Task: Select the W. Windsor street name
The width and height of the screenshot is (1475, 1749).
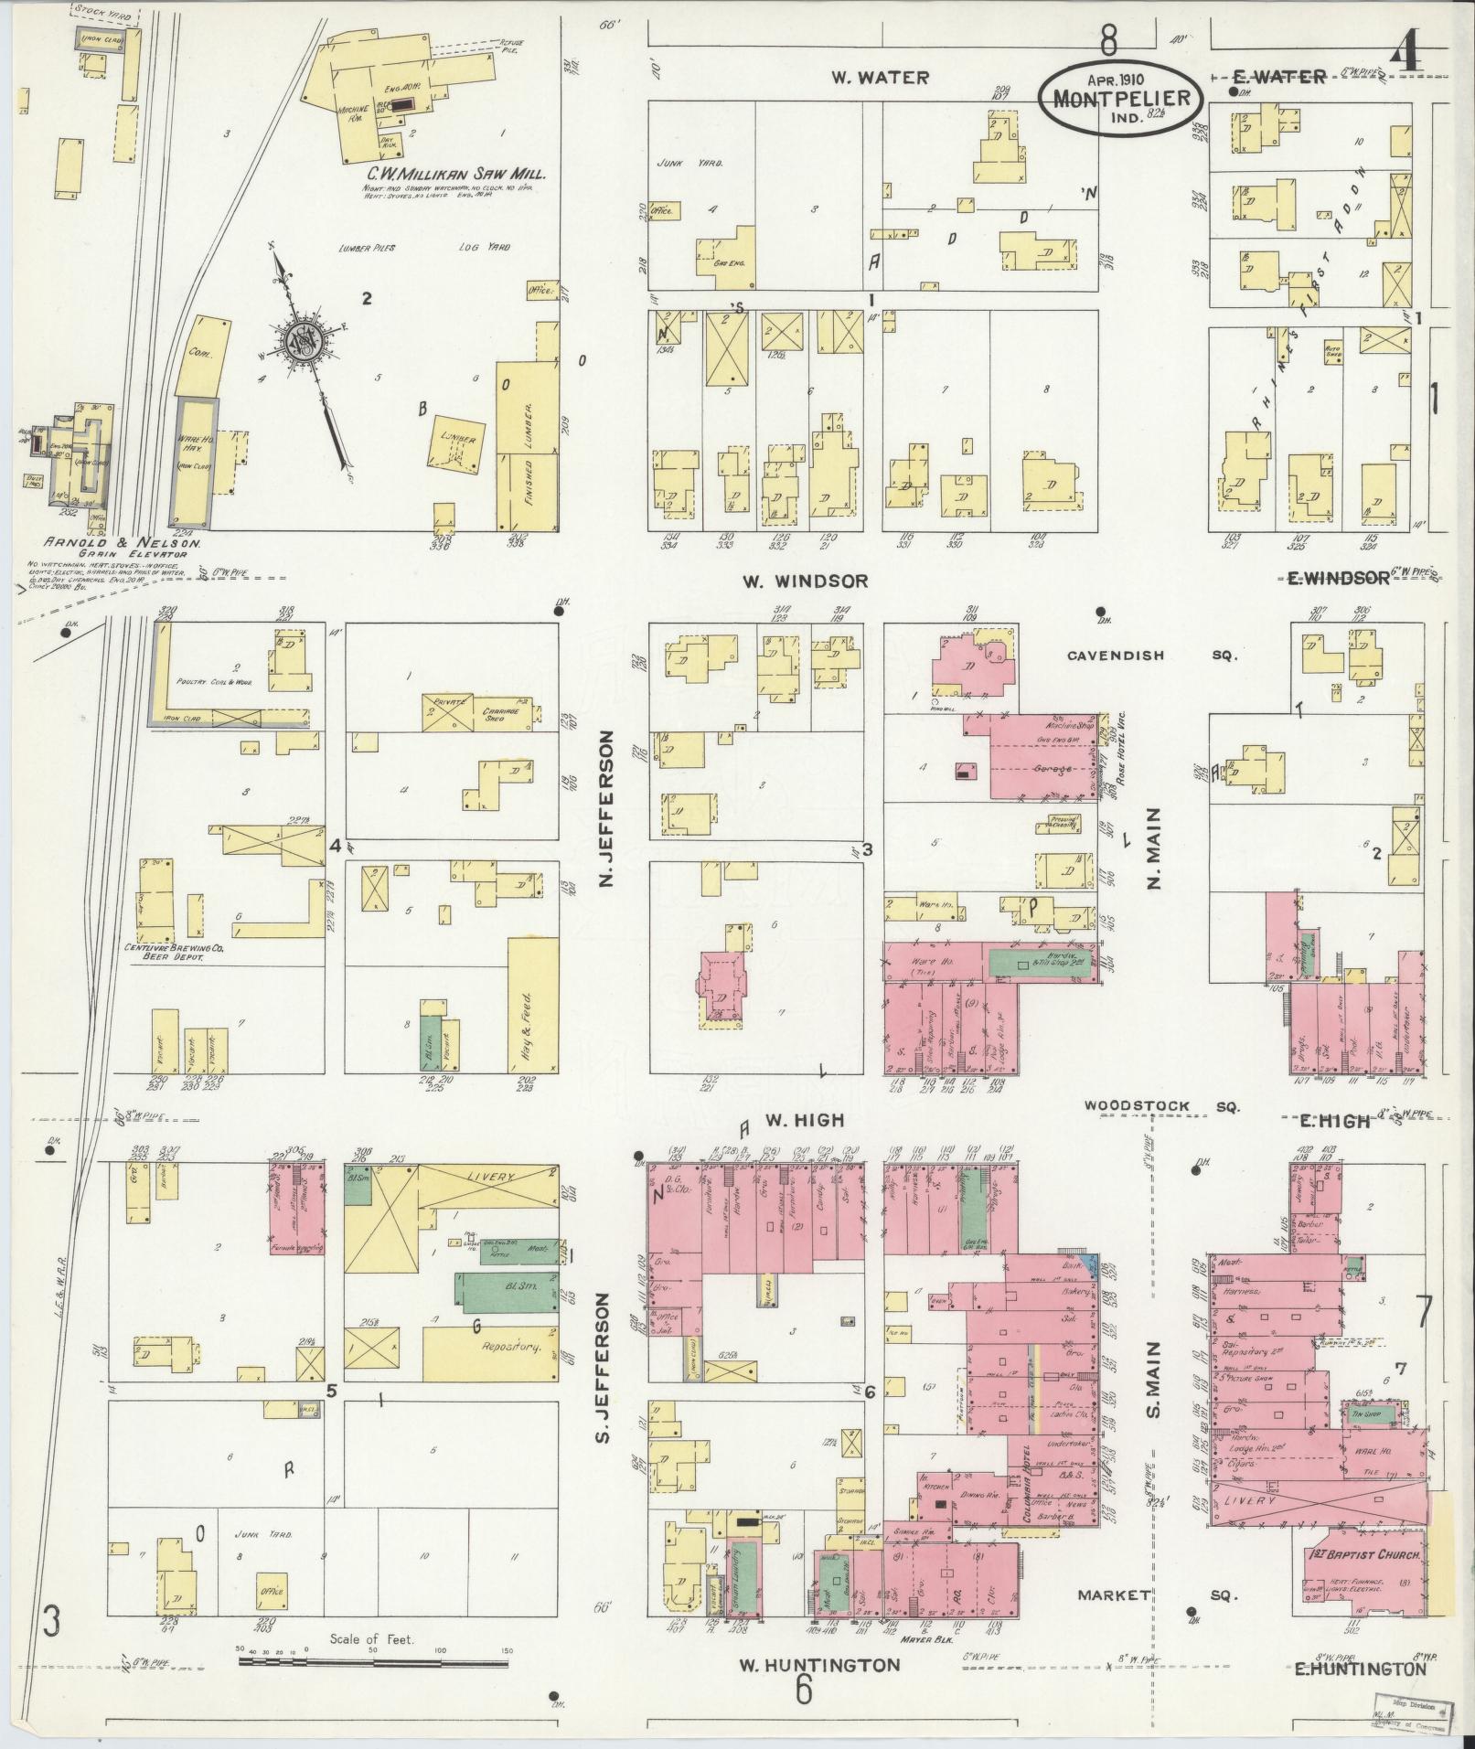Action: coord(804,581)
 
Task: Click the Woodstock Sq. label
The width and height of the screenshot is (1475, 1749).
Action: coord(1161,1106)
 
